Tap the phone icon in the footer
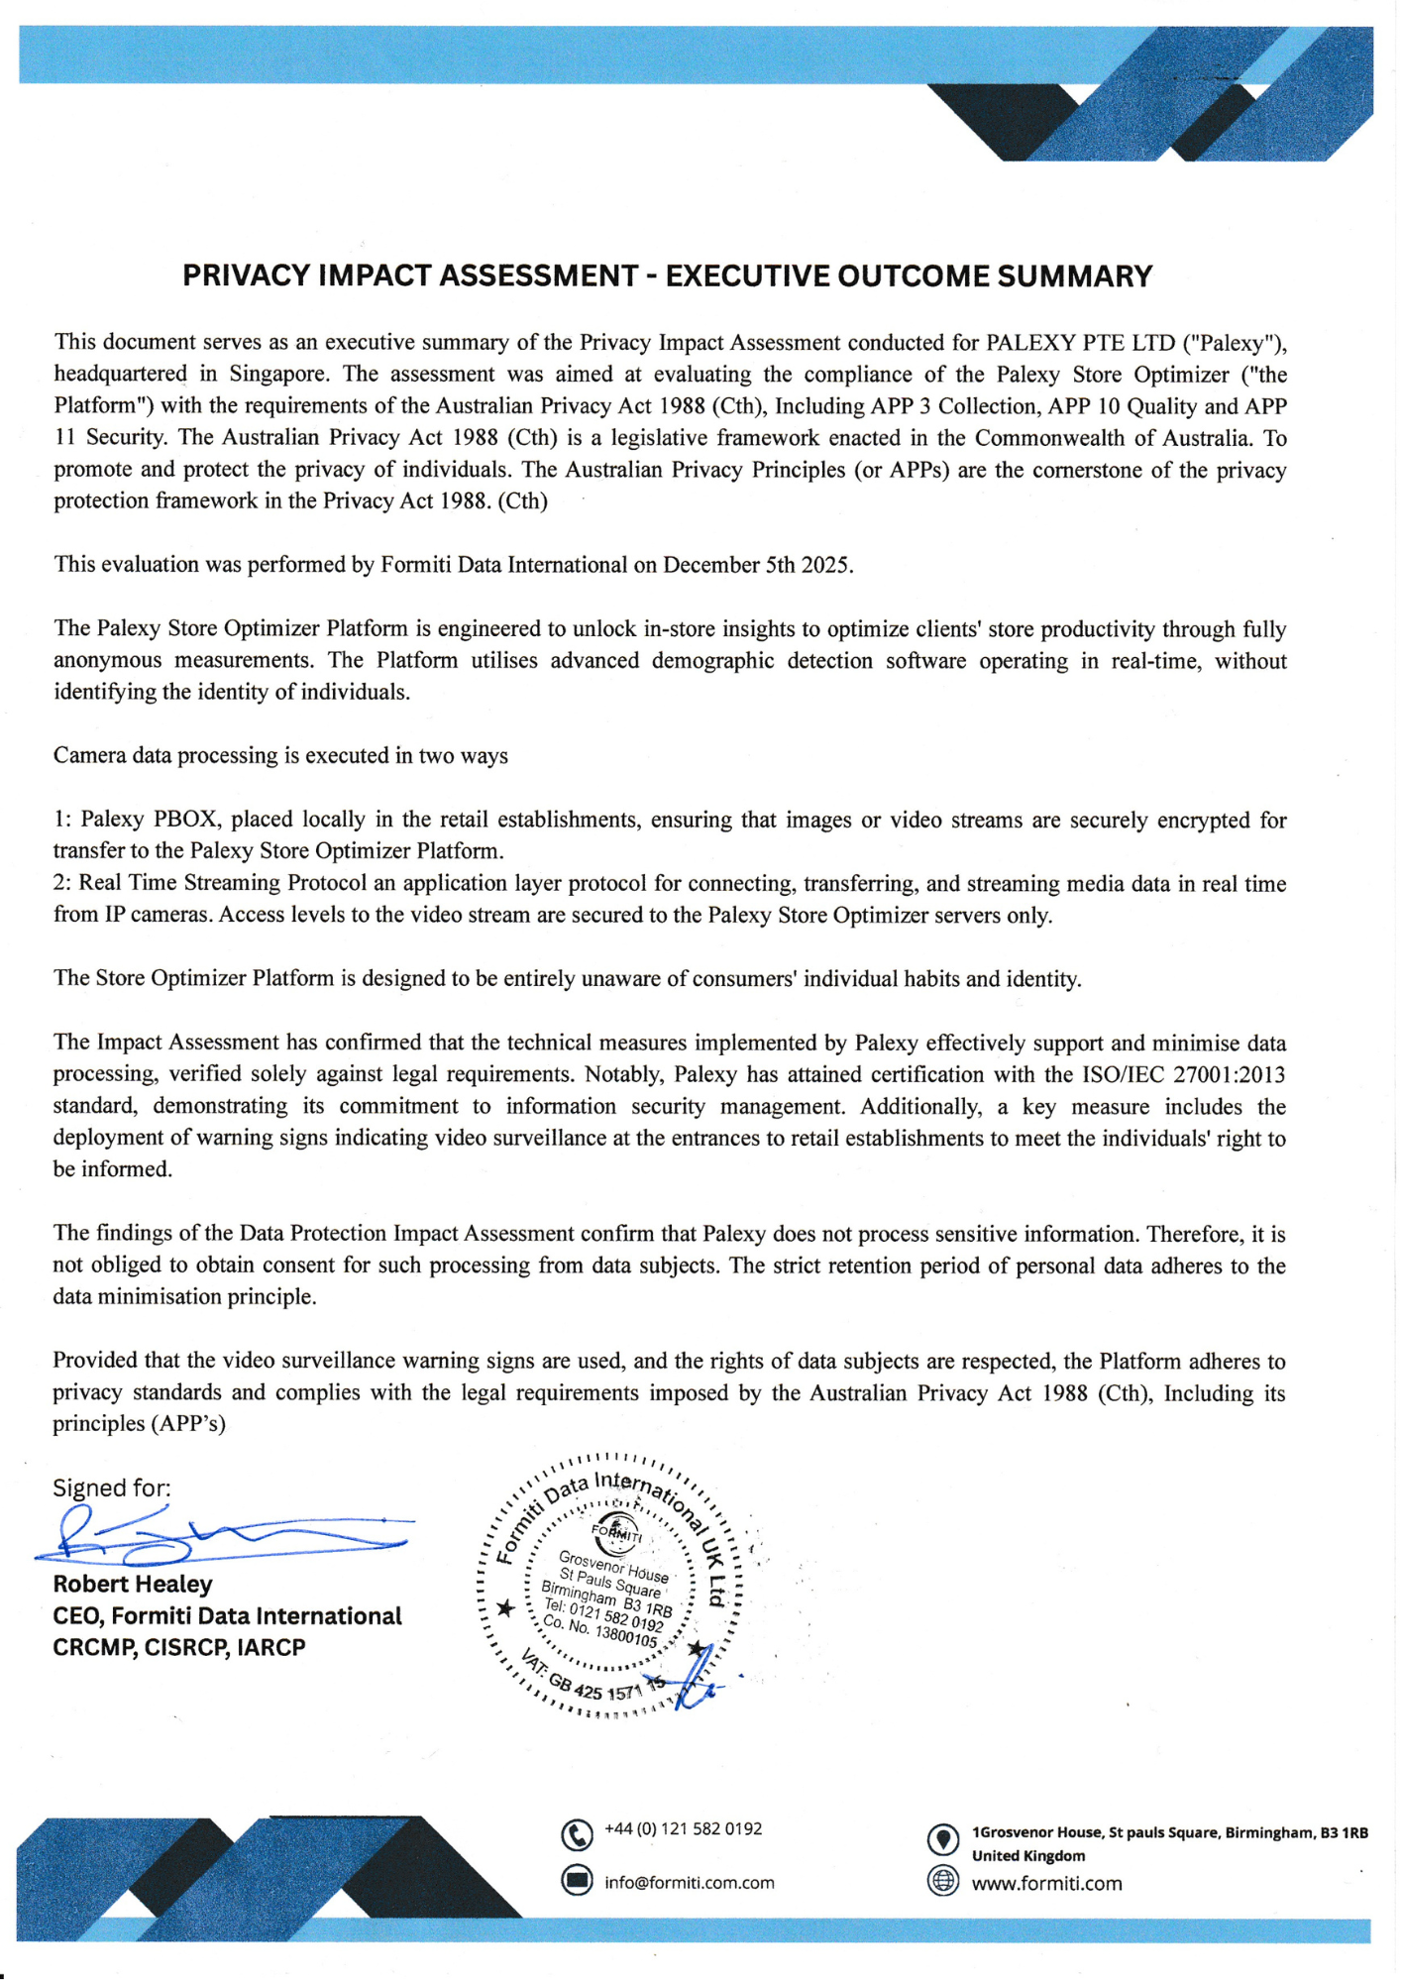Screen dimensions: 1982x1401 pos(577,1835)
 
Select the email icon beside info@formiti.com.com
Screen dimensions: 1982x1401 pos(577,1880)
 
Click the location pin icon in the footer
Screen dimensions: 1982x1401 pos(942,1839)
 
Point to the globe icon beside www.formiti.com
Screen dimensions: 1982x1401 pos(942,1880)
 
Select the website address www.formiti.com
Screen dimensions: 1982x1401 pos(1046,1884)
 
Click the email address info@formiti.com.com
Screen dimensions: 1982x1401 pos(690,1883)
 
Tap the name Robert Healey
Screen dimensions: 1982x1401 pos(133,1585)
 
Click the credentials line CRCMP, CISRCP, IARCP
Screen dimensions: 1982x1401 pos(179,1648)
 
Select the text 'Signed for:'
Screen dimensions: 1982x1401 pos(111,1488)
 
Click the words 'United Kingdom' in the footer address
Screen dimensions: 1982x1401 pos(1028,1856)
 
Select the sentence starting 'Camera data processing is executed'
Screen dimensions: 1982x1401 pos(280,756)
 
